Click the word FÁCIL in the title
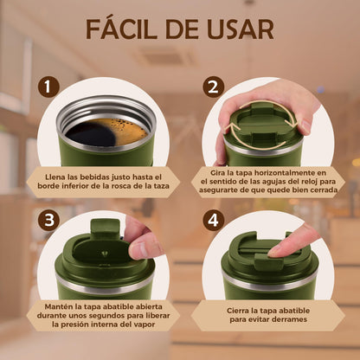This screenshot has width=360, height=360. click(x=121, y=29)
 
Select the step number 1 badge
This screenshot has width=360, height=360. click(x=48, y=87)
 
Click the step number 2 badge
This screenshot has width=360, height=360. click(x=214, y=87)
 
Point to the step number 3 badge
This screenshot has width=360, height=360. click(x=48, y=221)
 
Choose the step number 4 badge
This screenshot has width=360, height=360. click(x=214, y=221)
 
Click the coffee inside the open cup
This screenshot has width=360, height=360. click(x=106, y=132)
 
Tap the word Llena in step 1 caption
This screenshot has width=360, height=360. click(x=55, y=177)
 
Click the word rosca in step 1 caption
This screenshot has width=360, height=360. click(x=130, y=186)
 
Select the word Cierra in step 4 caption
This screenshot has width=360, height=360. click(x=237, y=311)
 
